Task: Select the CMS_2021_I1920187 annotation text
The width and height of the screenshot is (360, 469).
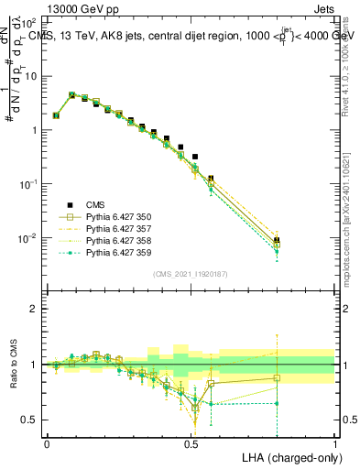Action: tap(191, 274)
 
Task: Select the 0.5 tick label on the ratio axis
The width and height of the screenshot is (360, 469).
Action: tap(30, 420)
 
